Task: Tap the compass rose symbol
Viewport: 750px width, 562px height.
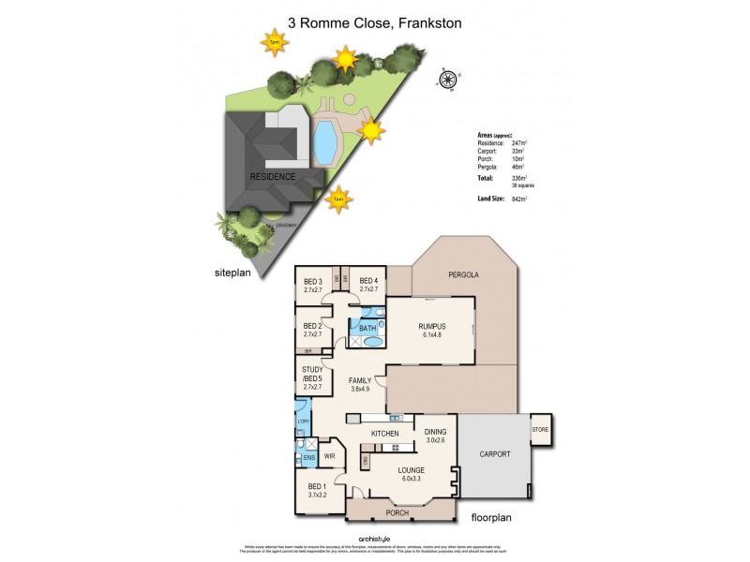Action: (449, 79)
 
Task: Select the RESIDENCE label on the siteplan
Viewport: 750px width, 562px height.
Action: (273, 176)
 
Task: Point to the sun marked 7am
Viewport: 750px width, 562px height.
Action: (339, 198)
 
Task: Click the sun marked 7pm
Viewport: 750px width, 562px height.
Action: (275, 42)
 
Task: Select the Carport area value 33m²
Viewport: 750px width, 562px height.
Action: (517, 150)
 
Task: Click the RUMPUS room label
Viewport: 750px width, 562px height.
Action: (431, 326)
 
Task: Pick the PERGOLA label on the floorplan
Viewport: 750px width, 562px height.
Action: (462, 275)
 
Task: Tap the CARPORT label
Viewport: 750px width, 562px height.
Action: (495, 453)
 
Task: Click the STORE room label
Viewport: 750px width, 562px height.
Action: (542, 431)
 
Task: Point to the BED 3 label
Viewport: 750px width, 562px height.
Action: (313, 282)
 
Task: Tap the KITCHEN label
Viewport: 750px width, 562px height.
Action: (385, 434)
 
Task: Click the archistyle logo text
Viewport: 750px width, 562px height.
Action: (375, 537)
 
